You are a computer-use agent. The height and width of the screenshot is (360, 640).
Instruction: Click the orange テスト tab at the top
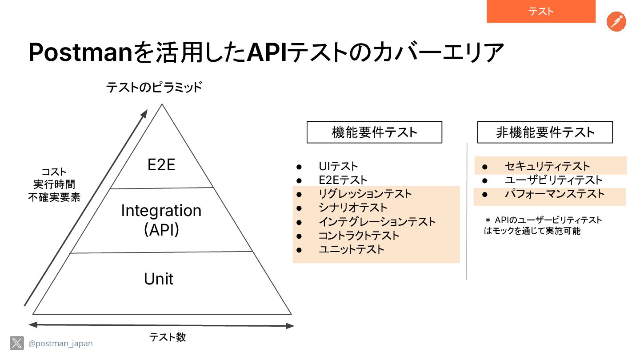tap(541, 12)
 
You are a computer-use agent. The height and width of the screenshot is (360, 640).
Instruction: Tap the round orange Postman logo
tap(616, 22)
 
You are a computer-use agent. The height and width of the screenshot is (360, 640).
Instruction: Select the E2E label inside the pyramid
tap(161, 165)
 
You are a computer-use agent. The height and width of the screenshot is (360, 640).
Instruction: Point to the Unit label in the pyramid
tap(159, 279)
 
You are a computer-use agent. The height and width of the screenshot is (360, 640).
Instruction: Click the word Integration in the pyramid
tap(161, 210)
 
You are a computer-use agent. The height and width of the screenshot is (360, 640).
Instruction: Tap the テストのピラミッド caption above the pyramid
tap(154, 88)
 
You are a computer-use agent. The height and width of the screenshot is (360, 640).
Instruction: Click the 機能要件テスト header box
tap(374, 132)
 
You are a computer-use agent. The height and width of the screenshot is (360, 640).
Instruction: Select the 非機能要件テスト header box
tap(545, 132)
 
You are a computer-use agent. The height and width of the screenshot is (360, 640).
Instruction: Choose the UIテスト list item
tap(338, 167)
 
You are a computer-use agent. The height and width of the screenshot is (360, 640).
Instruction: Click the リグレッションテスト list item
tap(365, 194)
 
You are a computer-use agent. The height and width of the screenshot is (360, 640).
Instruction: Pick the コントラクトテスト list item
tap(359, 236)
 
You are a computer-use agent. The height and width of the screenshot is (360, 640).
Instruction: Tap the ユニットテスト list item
tap(351, 249)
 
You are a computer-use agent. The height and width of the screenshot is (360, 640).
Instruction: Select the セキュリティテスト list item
tap(547, 167)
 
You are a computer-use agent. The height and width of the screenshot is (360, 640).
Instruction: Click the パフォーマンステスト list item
tap(554, 194)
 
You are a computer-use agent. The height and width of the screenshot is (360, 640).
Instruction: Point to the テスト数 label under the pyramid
tap(168, 337)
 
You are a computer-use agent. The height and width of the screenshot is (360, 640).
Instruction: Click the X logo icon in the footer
tap(17, 343)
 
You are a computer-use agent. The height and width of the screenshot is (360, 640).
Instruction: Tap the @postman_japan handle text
tap(60, 344)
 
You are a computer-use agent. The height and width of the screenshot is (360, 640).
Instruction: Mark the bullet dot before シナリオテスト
tap(299, 208)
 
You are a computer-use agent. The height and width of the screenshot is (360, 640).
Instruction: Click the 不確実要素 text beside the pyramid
tap(54, 197)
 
